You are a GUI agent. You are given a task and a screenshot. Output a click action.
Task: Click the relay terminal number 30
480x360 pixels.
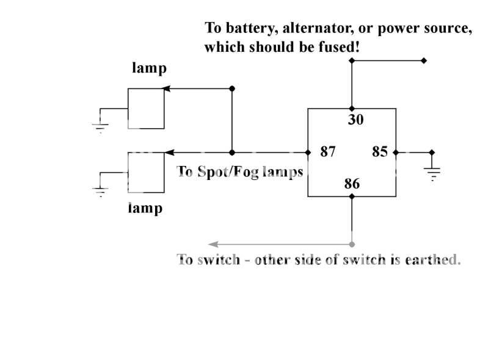355,120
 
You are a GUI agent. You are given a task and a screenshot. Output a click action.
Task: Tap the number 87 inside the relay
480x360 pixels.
328,152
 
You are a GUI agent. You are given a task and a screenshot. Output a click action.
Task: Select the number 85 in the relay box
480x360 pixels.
380,152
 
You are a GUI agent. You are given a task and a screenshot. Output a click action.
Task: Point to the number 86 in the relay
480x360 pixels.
352,184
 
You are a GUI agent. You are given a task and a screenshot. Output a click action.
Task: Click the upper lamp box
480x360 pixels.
145,108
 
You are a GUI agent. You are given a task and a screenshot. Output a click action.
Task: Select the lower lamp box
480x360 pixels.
145,173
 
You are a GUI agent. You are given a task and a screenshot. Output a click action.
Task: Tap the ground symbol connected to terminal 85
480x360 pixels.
432,173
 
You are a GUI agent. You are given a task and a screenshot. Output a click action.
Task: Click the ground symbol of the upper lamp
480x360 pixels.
100,124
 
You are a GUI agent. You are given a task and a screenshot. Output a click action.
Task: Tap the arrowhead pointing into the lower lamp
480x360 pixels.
170,152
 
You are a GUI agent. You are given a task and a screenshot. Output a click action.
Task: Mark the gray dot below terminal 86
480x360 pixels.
352,243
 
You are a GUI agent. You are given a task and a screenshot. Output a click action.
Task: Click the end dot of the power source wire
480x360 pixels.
424,61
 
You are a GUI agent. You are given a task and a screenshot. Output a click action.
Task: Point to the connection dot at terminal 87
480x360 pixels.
308,152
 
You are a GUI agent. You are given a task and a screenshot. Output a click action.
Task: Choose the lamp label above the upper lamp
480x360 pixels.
149,68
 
